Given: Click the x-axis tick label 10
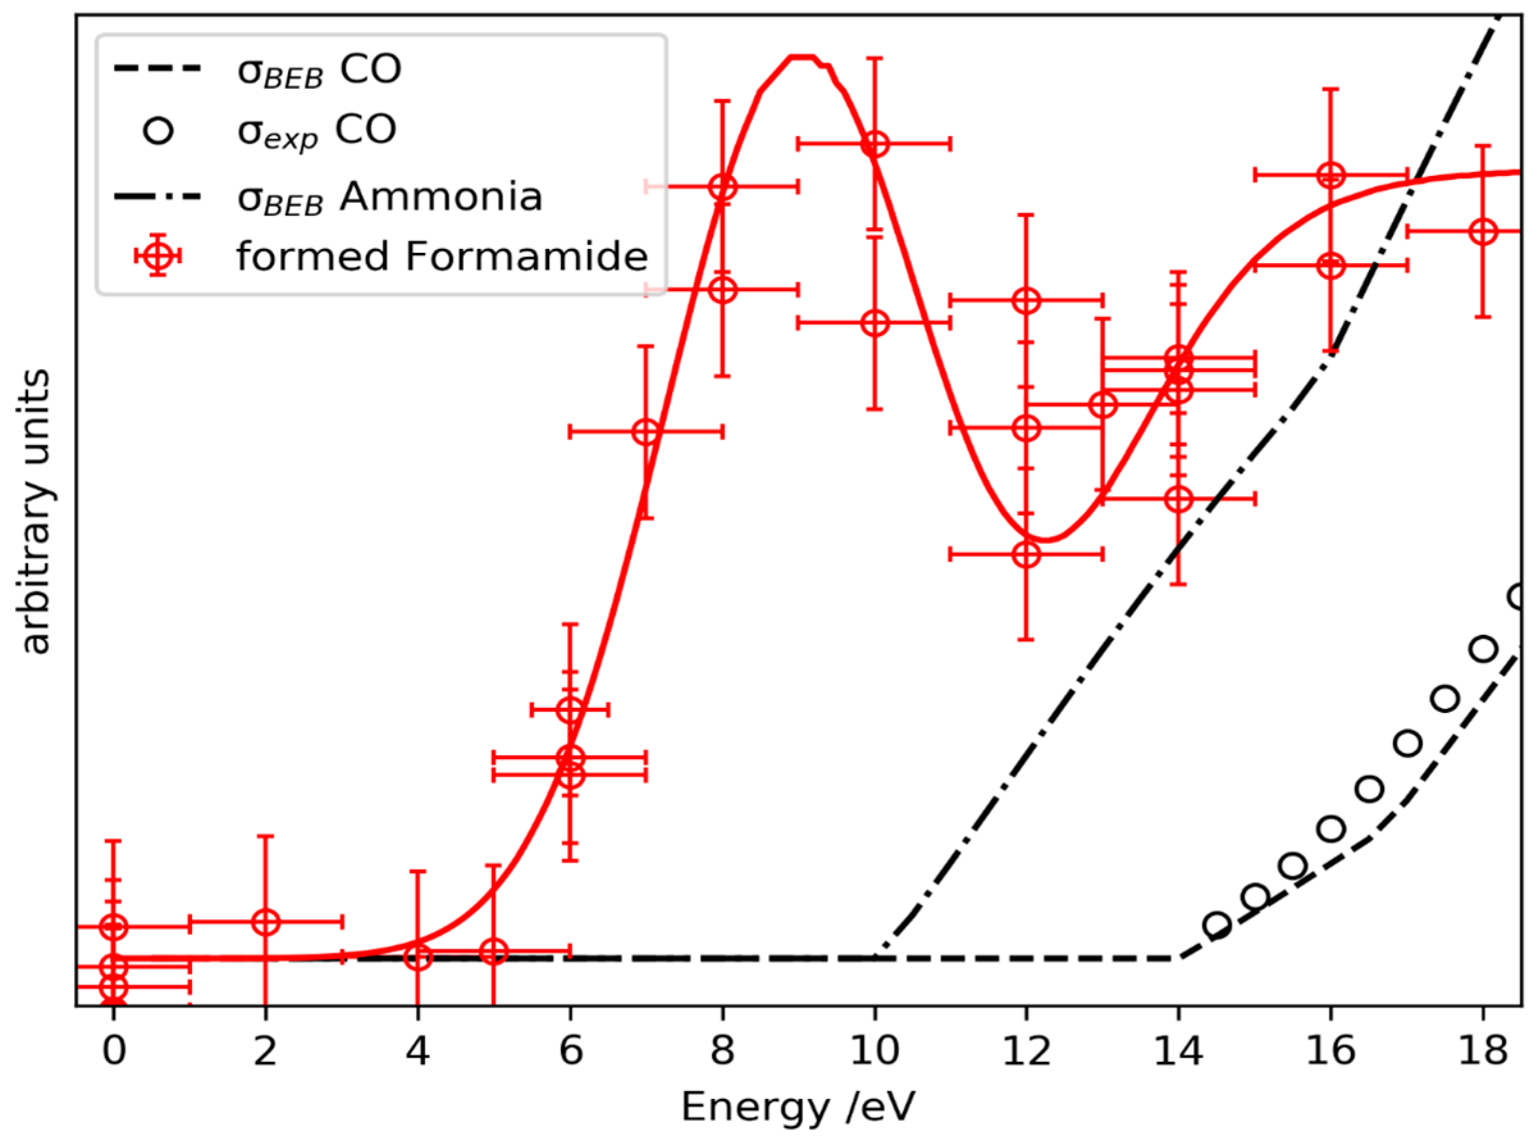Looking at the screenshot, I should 875,1052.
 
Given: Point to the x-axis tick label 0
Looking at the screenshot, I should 114,1052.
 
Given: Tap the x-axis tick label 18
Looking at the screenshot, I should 1483,1052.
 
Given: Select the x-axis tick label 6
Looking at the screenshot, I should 570,1052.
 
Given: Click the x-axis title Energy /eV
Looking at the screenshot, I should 798,1107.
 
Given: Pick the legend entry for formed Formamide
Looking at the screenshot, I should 442,257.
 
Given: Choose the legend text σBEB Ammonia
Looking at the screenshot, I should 390,197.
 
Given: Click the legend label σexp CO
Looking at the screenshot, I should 317,131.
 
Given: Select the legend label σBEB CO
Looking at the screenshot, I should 319,70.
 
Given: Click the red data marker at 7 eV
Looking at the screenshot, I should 646,432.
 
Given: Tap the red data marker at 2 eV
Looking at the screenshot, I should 266,922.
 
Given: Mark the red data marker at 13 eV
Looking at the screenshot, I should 1103,404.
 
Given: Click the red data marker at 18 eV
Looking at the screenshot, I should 1483,232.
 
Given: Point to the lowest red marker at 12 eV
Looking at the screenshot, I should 1027,554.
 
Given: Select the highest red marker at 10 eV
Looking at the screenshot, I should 876,144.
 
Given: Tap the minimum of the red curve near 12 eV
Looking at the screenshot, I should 1046,540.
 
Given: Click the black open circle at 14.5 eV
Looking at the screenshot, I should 1217,925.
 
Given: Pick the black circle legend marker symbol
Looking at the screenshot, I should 158,131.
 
